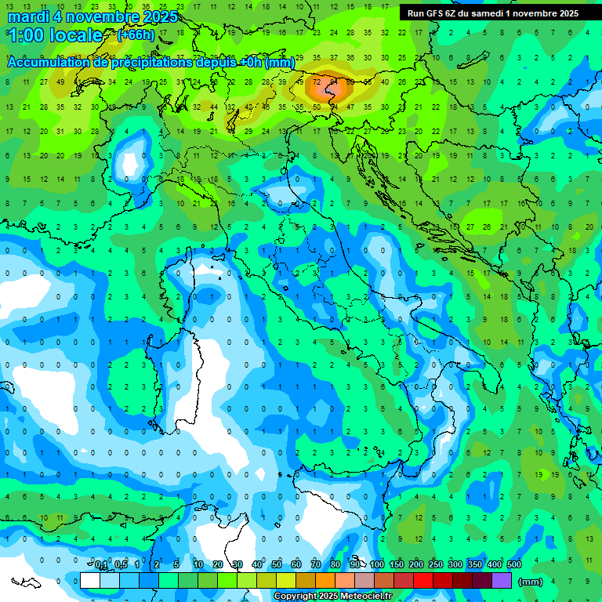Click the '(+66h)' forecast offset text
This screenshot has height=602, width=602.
136,35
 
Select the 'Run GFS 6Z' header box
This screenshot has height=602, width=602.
493,13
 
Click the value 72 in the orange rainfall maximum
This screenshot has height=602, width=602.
317,80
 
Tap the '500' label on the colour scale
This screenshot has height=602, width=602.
514,565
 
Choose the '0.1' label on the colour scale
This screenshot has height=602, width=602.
101,565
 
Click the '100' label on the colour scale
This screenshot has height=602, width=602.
377,565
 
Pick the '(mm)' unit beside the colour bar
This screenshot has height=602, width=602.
531,582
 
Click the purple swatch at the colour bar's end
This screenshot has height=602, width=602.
502,581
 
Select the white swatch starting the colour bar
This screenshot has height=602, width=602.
90,581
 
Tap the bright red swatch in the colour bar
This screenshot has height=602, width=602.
423,581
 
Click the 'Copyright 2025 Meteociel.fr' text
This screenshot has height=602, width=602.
332,596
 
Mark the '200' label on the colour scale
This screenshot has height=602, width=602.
416,565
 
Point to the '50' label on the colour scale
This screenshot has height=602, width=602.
277,565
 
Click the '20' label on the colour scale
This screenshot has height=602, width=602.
218,565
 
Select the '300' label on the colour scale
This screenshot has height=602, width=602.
455,565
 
